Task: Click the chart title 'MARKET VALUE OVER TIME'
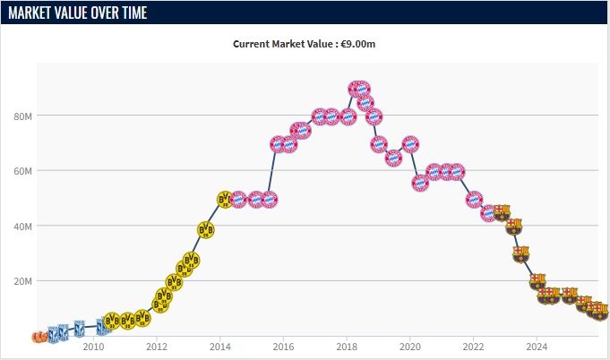78,13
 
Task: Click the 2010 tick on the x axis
93,347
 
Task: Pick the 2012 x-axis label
157,347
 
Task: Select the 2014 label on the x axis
219,347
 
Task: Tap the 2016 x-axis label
283,347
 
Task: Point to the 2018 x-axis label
347,347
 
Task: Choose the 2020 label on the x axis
409,347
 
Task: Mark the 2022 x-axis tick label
473,347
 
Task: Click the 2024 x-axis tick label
537,347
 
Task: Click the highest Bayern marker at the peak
358,89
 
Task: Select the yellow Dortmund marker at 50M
225,199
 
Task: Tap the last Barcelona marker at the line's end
601,311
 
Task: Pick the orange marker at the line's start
39,337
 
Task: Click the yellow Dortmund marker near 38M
206,230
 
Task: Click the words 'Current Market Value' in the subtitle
282,43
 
